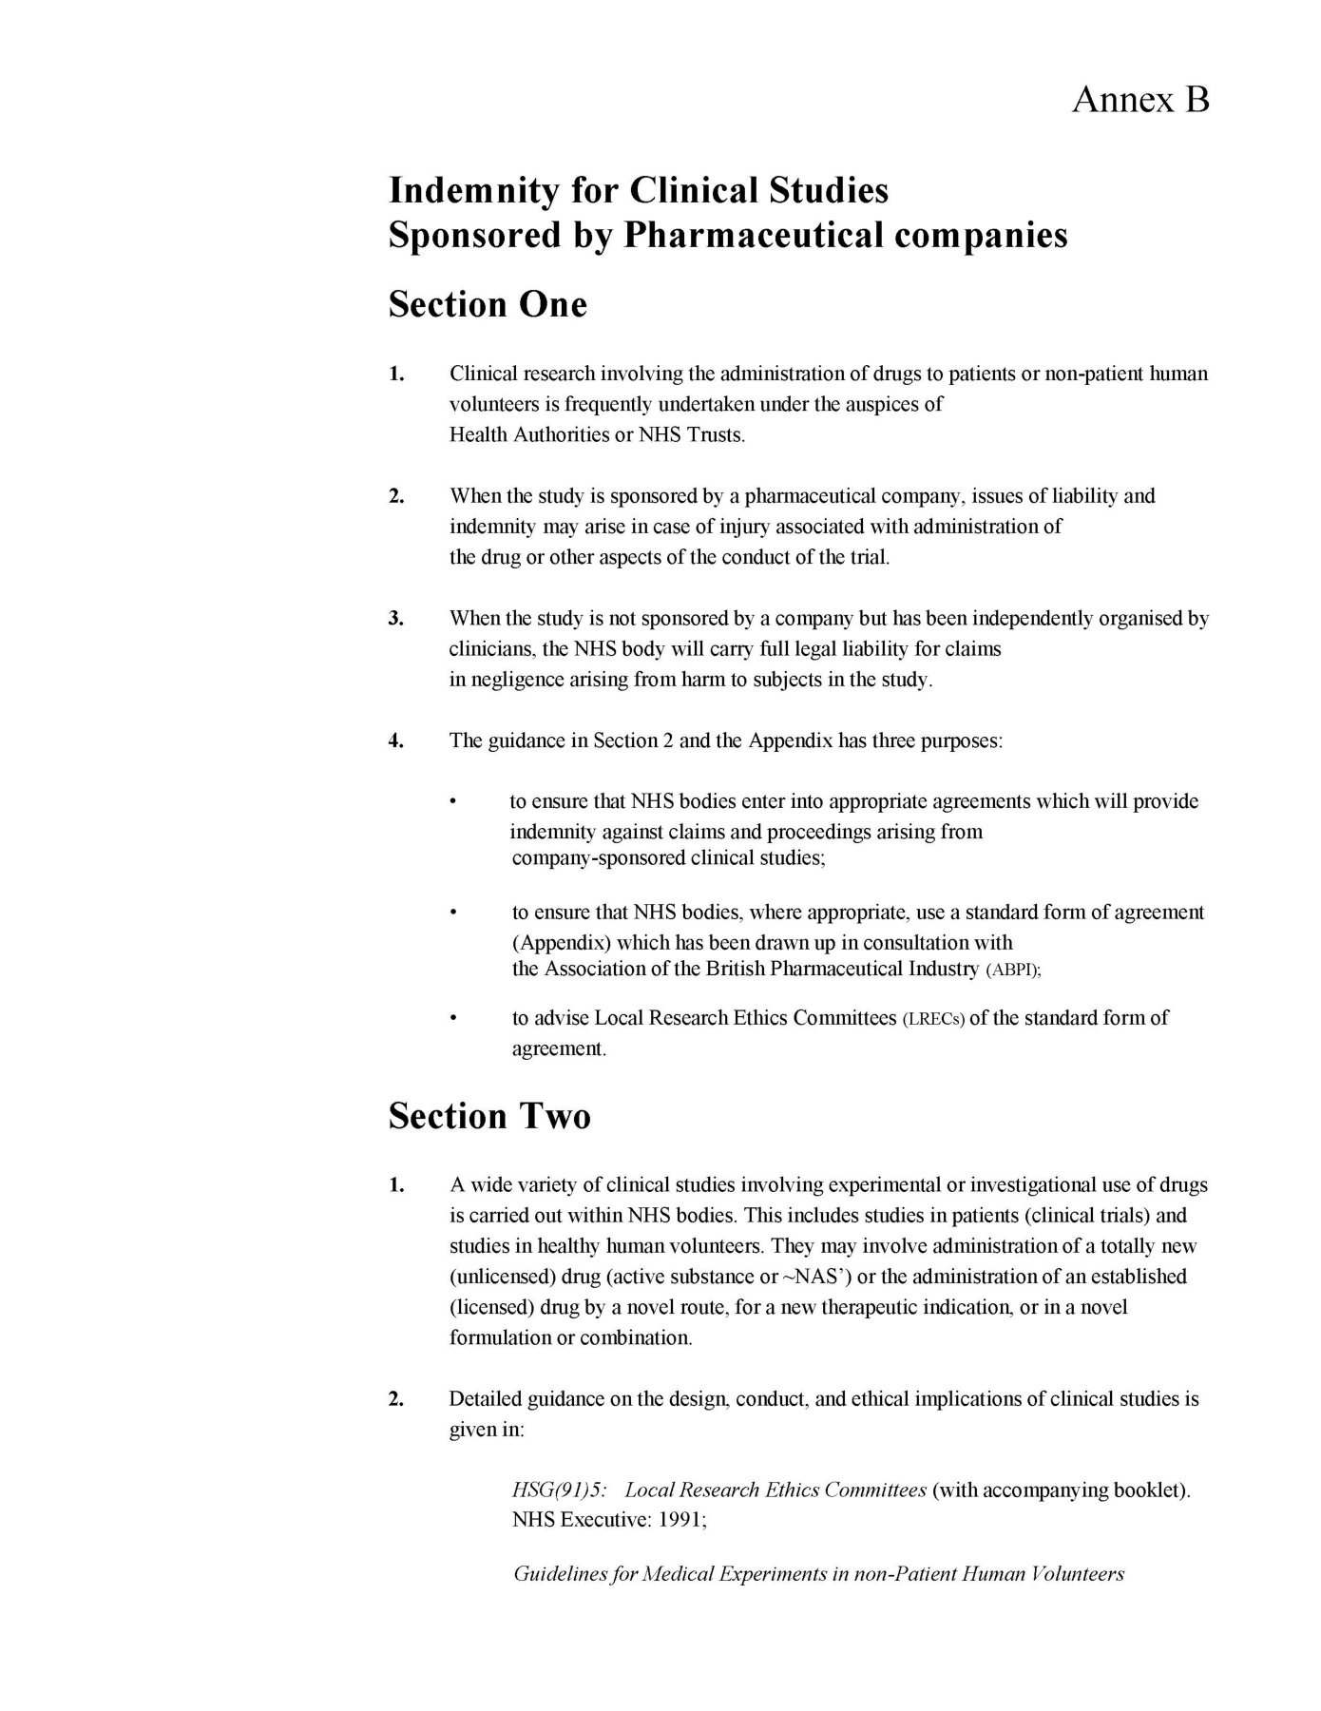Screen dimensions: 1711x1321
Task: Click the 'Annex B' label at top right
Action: point(1140,99)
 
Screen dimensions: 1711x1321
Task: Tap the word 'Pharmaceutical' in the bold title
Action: point(753,235)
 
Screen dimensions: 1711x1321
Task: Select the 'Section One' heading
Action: point(488,304)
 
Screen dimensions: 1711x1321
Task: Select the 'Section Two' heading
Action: point(489,1115)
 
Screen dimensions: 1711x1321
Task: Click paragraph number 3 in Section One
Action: point(396,619)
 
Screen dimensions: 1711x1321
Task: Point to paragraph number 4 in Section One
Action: point(396,740)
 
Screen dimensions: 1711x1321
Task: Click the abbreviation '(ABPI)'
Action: point(1014,971)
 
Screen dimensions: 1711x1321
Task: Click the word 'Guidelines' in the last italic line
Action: point(559,1574)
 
